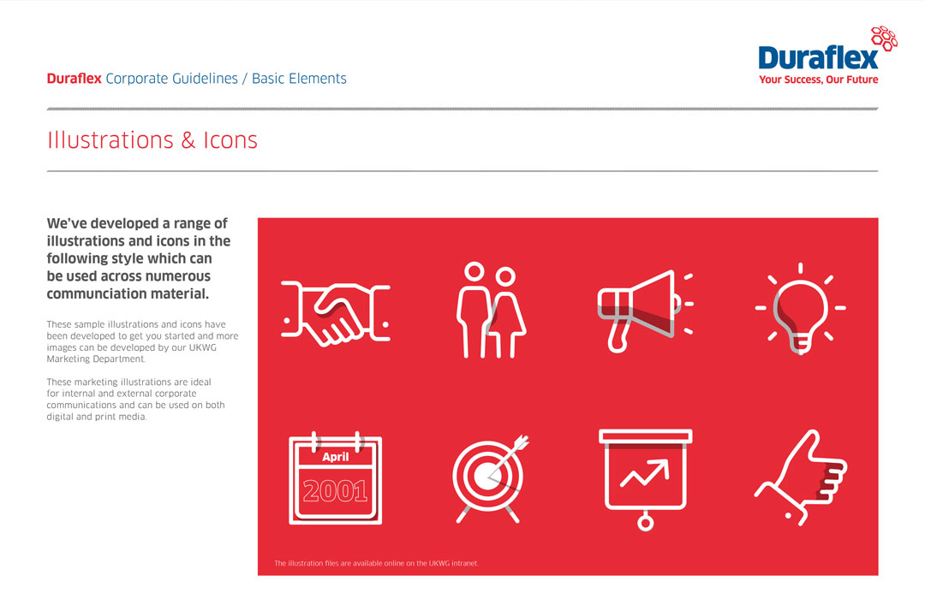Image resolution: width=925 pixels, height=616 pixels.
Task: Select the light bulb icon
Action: click(x=801, y=308)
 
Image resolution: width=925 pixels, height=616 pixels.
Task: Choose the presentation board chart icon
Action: click(x=645, y=475)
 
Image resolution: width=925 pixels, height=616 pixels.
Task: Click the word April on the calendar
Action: click(x=336, y=457)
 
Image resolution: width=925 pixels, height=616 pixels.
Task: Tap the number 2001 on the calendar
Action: click(x=335, y=490)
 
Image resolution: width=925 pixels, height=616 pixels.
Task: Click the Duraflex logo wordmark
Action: click(x=818, y=57)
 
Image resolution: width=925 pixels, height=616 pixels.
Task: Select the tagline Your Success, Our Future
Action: click(x=818, y=80)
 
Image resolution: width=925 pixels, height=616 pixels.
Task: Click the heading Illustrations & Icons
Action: click(x=152, y=140)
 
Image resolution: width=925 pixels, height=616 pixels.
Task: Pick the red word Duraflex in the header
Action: click(x=74, y=79)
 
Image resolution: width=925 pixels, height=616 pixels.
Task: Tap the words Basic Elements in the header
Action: click(x=299, y=79)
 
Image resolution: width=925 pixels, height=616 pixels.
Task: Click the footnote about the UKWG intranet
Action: click(x=376, y=564)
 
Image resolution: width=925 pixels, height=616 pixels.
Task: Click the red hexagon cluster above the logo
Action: click(x=884, y=37)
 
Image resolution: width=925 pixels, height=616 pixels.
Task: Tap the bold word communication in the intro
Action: click(x=101, y=294)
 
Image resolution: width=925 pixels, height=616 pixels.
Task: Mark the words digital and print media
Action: click(x=96, y=417)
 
